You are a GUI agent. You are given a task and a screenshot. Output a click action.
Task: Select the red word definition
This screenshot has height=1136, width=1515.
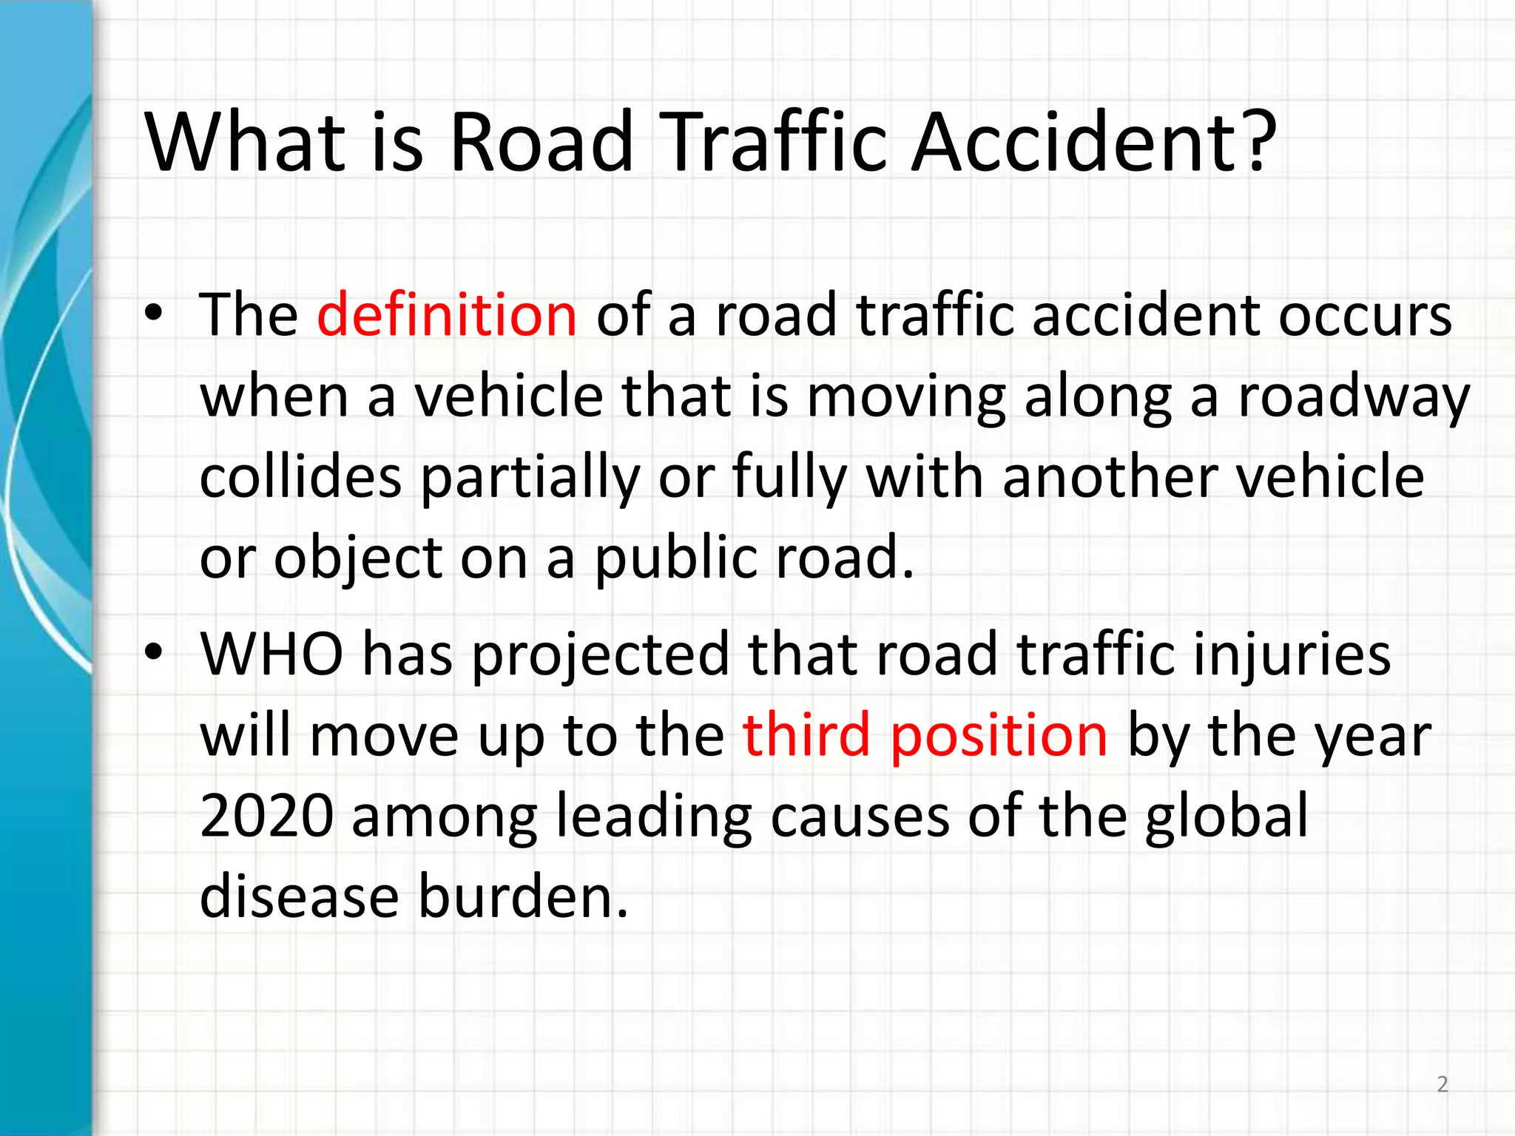[x=446, y=315]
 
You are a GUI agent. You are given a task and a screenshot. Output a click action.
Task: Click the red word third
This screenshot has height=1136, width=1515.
[x=806, y=735]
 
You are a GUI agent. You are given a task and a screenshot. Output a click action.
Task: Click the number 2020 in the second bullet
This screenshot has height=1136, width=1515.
[x=266, y=816]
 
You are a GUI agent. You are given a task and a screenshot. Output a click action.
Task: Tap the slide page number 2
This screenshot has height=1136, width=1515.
[x=1442, y=1084]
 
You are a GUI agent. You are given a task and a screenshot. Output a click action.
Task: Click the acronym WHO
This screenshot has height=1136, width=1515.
[x=271, y=655]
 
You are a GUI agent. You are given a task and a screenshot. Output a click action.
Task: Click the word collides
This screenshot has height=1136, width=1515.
[x=300, y=477]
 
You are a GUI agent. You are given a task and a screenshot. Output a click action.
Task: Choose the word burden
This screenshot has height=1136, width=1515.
[x=524, y=896]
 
